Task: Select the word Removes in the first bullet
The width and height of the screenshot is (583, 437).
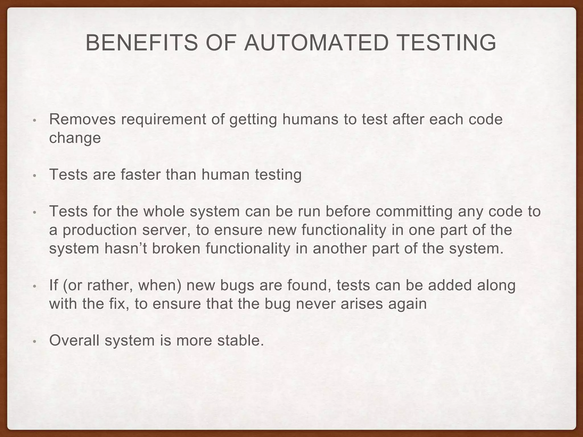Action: point(83,119)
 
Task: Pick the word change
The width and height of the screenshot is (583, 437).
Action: point(75,138)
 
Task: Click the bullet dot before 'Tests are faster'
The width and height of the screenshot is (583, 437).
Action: point(34,176)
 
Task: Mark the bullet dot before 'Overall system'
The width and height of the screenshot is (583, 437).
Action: point(34,342)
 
